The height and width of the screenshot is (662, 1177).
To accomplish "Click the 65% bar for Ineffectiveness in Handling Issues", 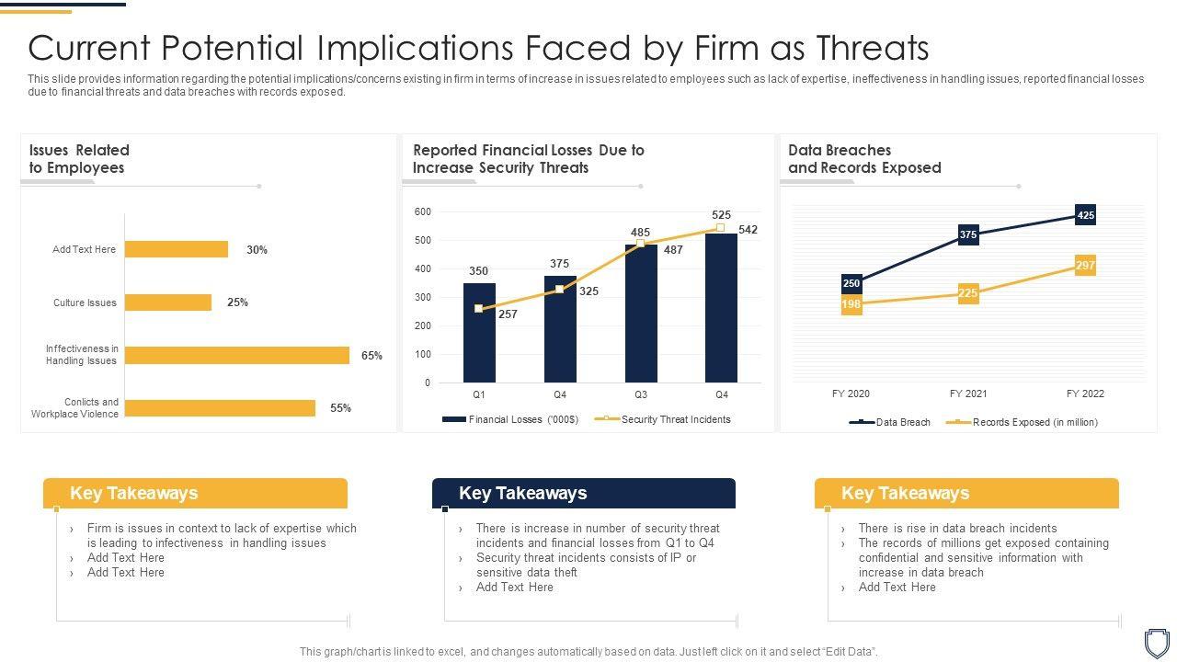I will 237,356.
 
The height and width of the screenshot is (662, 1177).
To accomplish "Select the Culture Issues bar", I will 168,302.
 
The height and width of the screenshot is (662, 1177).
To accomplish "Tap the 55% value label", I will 340,408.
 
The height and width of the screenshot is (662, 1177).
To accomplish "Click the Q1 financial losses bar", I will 479,333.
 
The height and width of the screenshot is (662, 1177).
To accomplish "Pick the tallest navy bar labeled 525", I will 721,308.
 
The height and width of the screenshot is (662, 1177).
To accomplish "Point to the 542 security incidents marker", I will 721,227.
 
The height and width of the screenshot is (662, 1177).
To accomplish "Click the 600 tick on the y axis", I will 423,212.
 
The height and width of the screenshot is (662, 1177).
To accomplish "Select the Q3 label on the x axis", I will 641,394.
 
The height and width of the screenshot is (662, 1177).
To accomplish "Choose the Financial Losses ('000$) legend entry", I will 511,419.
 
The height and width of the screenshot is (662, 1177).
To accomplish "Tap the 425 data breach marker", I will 1085,215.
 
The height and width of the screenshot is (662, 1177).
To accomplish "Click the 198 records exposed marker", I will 851,304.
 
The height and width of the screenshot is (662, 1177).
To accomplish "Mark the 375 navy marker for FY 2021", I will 967,234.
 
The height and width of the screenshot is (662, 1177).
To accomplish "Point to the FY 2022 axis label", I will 1085,394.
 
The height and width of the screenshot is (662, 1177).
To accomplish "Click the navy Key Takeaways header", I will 583,494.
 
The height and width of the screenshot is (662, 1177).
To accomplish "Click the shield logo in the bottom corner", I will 1156,641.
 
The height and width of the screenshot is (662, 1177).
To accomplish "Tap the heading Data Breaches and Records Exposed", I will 864,159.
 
